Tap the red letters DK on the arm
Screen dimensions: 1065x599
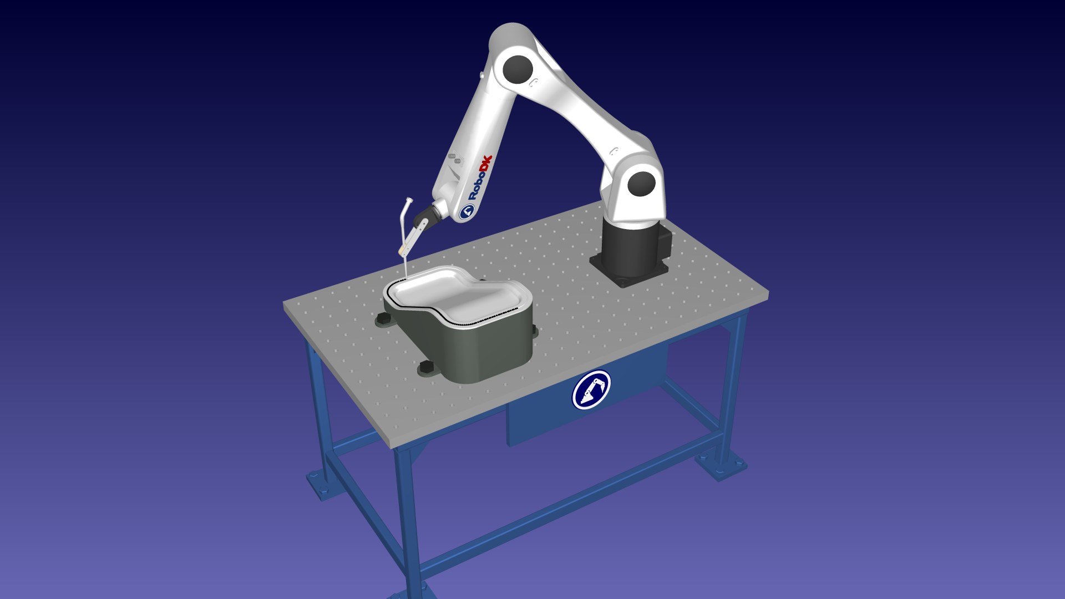point(486,165)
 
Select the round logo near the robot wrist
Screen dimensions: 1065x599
point(467,211)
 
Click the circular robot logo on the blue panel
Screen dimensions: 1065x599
point(591,390)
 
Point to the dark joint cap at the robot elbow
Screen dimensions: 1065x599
point(518,69)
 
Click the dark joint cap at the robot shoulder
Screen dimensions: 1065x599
point(642,184)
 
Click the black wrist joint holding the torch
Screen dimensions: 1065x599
point(425,216)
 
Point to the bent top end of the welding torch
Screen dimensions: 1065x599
point(408,201)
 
